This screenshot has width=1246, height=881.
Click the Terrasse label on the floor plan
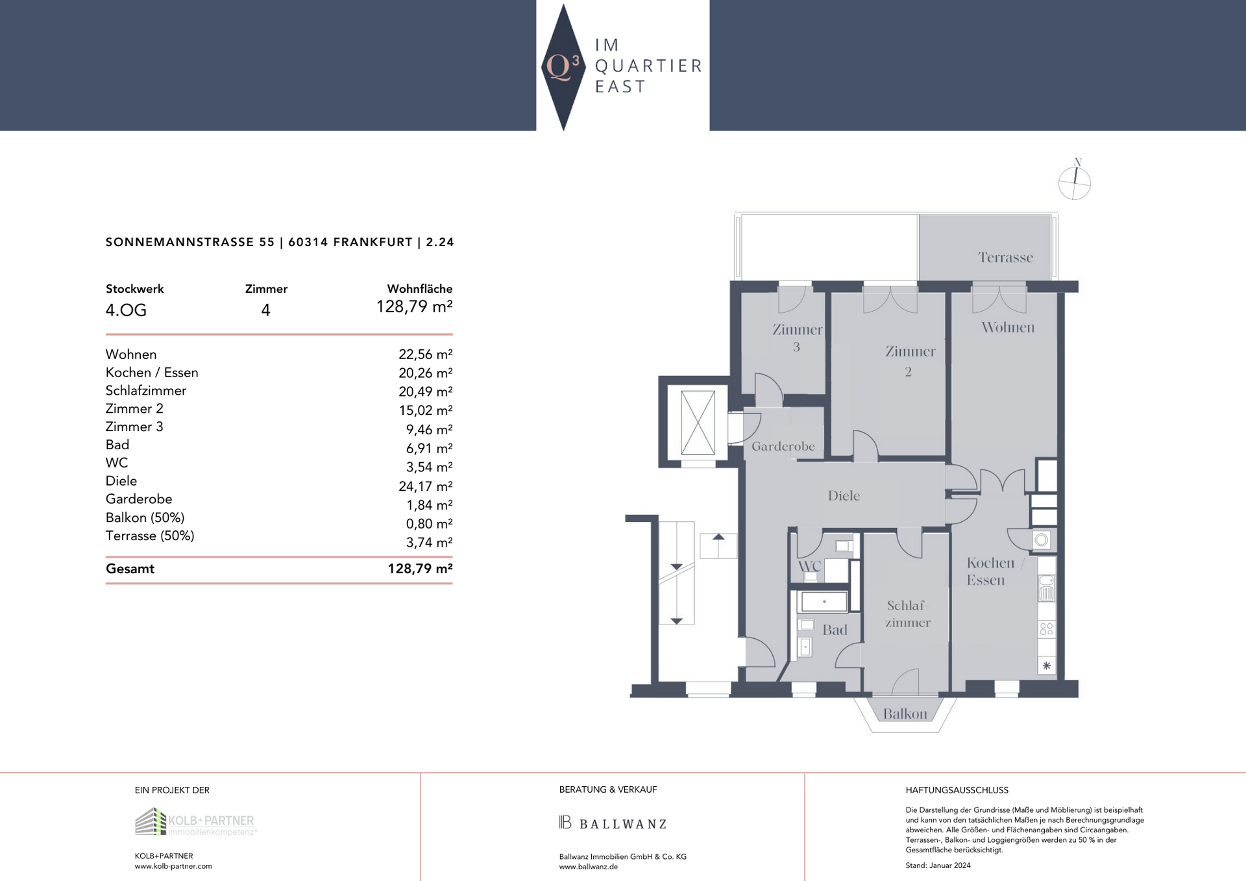1005,258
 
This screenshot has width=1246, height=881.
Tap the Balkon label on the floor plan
905,714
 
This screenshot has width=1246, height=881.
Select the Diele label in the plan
844,496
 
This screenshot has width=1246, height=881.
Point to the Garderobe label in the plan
783,447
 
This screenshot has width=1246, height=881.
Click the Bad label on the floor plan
835,630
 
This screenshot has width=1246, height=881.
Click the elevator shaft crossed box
698,423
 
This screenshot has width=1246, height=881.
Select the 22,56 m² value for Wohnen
426,354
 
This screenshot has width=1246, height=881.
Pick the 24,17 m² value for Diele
426,486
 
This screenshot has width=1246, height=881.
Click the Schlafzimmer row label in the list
146,391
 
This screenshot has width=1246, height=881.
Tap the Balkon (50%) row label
145,518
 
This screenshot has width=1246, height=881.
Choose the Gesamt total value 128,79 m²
420,569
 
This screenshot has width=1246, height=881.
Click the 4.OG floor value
126,310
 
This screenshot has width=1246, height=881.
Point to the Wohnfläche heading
420,289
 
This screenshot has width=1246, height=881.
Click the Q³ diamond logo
563,67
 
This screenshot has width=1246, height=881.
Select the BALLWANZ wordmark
613,824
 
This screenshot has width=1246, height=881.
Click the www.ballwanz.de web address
589,867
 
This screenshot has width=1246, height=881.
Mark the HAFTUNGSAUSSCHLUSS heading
957,791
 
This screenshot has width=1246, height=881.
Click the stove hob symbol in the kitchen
1047,629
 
